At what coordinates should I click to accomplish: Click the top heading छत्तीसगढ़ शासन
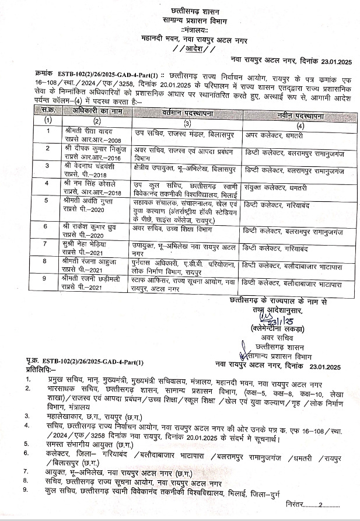[193, 11]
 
